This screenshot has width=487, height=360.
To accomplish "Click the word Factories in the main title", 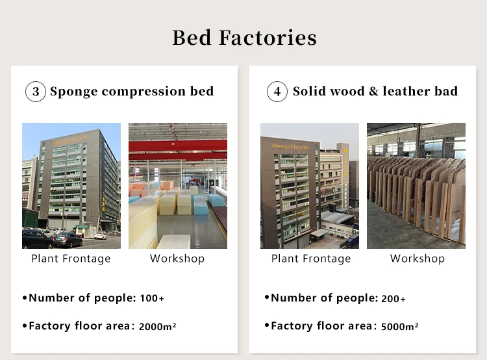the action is (268, 38).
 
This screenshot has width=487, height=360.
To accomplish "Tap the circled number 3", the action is (36, 92).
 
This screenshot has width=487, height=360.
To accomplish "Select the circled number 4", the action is (277, 92).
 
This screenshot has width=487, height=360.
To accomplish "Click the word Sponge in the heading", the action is (74, 92).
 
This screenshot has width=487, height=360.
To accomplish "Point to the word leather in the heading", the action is (406, 91).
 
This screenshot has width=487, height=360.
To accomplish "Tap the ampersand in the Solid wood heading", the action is (373, 92).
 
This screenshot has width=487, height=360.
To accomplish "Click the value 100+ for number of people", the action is (152, 298).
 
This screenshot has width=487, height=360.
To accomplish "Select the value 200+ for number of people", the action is (393, 299).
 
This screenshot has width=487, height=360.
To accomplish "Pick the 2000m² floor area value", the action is (158, 326).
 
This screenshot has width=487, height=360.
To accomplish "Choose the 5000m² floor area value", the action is (399, 326).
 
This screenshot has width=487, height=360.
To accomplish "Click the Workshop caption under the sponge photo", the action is (177, 259).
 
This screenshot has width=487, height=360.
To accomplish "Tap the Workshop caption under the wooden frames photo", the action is (418, 259).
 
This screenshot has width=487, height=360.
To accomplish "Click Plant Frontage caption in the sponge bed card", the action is (71, 259).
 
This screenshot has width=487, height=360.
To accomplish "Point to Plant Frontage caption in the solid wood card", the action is (311, 259).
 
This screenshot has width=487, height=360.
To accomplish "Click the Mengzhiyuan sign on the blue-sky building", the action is (71, 140).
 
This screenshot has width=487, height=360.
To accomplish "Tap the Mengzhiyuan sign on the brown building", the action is (290, 146).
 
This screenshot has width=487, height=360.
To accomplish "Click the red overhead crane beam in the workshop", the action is (178, 146).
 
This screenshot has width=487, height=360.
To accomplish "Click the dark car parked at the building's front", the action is (68, 240).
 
